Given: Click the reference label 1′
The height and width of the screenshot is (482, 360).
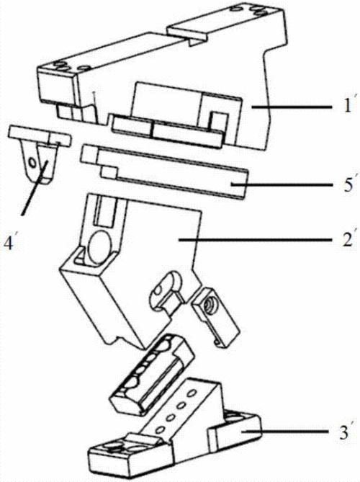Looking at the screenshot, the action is [347, 107].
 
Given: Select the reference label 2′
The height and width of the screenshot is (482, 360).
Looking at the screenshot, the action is [348, 240].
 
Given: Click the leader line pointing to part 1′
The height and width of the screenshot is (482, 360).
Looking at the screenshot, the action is [292, 107].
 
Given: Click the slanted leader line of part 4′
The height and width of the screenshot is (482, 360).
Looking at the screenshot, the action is [34, 187].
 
